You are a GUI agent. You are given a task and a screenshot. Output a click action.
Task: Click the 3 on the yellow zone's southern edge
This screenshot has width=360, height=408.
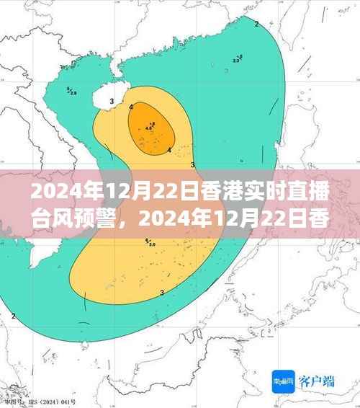[x=162, y=292]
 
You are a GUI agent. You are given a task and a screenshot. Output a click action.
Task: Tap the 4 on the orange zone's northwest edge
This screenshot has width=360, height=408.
[x=131, y=107]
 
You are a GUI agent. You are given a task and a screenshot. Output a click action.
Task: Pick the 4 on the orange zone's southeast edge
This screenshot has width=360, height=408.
[x=168, y=150]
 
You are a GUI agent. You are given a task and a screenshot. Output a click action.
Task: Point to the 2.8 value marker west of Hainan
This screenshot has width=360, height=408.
[x=72, y=92]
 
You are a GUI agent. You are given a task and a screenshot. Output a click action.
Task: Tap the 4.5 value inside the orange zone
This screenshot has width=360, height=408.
[x=149, y=128]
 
